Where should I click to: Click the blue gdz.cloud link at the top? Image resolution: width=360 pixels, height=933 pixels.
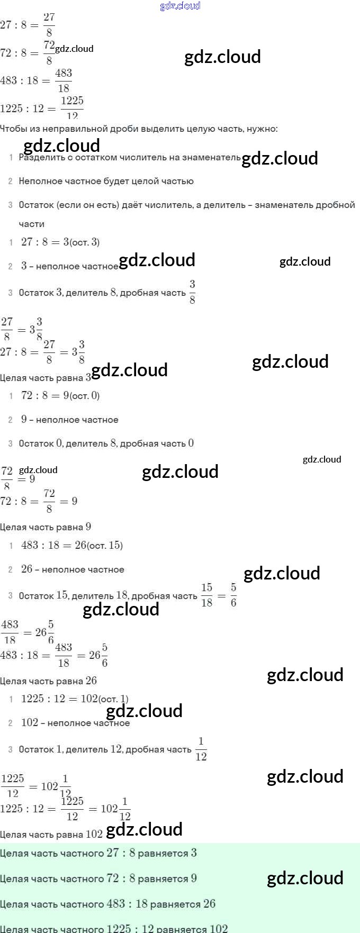tap(180, 6)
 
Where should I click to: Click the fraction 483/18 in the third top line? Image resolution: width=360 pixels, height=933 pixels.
tap(64, 80)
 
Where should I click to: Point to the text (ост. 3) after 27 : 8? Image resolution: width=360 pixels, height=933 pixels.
tap(85, 242)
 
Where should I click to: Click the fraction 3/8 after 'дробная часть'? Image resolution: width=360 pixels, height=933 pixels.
tap(192, 292)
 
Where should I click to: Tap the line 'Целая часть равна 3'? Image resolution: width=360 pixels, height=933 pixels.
tap(46, 378)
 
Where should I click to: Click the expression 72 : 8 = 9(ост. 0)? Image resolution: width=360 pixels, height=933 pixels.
tap(60, 395)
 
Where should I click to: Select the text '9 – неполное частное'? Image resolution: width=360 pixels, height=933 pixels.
tap(69, 420)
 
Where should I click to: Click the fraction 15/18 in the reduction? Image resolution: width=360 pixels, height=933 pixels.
tap(206, 595)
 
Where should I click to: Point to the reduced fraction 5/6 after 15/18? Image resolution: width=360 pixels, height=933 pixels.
tap(233, 595)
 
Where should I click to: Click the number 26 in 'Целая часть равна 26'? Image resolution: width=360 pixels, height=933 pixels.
tap(92, 681)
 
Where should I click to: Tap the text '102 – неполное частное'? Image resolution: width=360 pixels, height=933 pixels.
tap(75, 723)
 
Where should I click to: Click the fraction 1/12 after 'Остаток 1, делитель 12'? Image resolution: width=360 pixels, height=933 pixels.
tap(201, 749)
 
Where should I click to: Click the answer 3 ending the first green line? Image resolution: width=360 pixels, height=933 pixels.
tap(194, 853)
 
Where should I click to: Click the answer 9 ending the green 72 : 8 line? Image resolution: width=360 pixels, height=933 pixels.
tap(194, 878)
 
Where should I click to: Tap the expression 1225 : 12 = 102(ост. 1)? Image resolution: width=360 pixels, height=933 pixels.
tap(75, 699)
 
